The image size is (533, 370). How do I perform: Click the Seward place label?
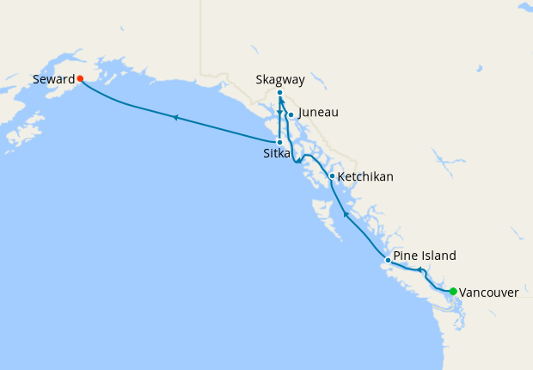coord(53,79)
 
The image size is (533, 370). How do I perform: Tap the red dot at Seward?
coord(80,78)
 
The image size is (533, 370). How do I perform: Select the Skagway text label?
coord(280,79)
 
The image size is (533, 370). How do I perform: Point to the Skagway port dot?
coord(280,92)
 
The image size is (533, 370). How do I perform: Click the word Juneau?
coord(318,113)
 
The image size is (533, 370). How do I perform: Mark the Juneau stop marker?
coord(291,114)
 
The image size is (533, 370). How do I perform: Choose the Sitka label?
coord(276,153)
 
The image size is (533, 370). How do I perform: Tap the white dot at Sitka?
coord(279,142)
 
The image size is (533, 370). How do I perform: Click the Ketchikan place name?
coord(365,176)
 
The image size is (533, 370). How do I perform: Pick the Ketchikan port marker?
coord(332,176)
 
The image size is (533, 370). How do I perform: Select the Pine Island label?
coord(425,256)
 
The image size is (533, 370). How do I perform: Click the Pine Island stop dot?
coord(388,260)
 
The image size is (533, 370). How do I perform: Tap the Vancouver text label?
coord(488,293)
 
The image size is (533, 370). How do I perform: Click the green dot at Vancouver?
coord(452,292)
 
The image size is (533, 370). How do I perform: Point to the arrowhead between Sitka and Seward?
coord(175,117)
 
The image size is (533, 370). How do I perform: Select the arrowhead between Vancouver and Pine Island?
coord(420,270)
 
